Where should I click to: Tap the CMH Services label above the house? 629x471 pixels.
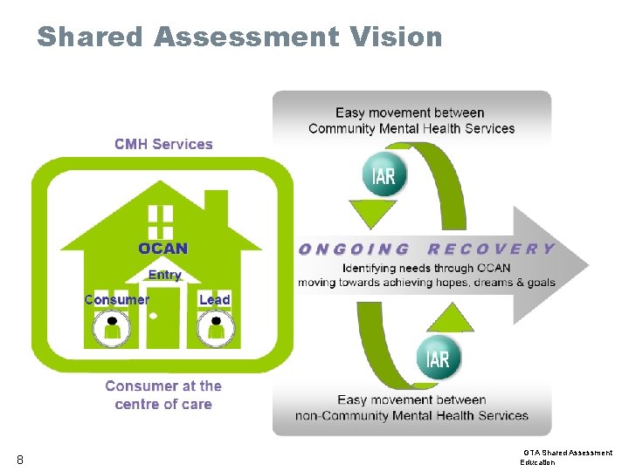pyautogui.click(x=163, y=144)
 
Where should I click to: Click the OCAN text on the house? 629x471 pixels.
pyautogui.click(x=162, y=248)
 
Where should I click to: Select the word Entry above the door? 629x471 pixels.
pyautogui.click(x=164, y=275)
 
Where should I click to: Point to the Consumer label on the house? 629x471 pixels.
pyautogui.click(x=116, y=299)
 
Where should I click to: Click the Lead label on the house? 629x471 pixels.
pyautogui.click(x=214, y=299)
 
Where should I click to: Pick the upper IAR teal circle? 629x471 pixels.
pyautogui.click(x=384, y=175)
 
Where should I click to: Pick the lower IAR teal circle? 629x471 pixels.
pyautogui.click(x=438, y=358)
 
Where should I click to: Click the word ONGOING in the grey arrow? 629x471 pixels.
pyautogui.click(x=354, y=249)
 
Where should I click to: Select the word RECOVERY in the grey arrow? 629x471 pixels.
pyautogui.click(x=491, y=249)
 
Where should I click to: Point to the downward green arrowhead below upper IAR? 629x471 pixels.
pyautogui.click(x=373, y=214)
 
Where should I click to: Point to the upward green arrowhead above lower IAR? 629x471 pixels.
pyautogui.click(x=449, y=316)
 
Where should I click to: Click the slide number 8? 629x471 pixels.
pyautogui.click(x=19, y=460)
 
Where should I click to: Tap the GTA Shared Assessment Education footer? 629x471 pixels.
pyautogui.click(x=567, y=457)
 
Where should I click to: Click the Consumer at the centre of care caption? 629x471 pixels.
pyautogui.click(x=163, y=395)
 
